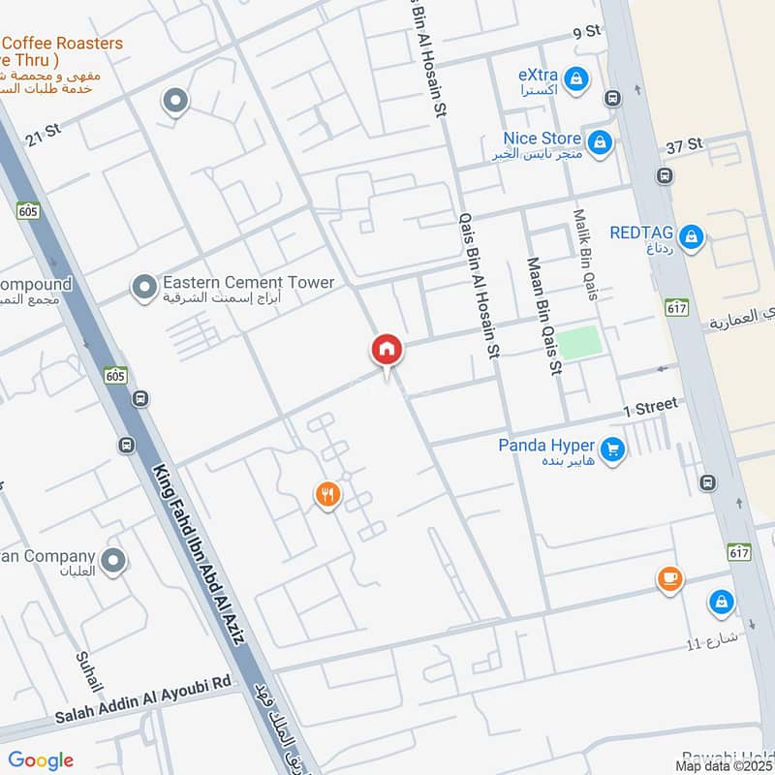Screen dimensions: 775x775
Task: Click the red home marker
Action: click(387, 350)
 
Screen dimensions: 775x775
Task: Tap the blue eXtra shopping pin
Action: click(576, 78)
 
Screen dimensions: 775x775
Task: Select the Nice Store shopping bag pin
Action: click(600, 142)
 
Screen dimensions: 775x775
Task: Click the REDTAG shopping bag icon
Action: click(691, 235)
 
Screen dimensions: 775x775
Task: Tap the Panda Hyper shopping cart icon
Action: click(611, 449)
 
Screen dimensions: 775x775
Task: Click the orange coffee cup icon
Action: click(668, 579)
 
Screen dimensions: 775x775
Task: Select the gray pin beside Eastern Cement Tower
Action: click(144, 287)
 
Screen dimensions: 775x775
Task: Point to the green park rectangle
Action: click(578, 343)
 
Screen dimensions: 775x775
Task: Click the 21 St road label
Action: click(45, 137)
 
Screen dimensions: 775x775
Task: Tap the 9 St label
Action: click(587, 33)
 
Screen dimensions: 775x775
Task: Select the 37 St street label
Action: click(684, 146)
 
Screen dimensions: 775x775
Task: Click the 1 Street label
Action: click(650, 407)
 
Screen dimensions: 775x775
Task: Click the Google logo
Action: click(41, 760)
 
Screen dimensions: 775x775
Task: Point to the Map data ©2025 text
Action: click(723, 765)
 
